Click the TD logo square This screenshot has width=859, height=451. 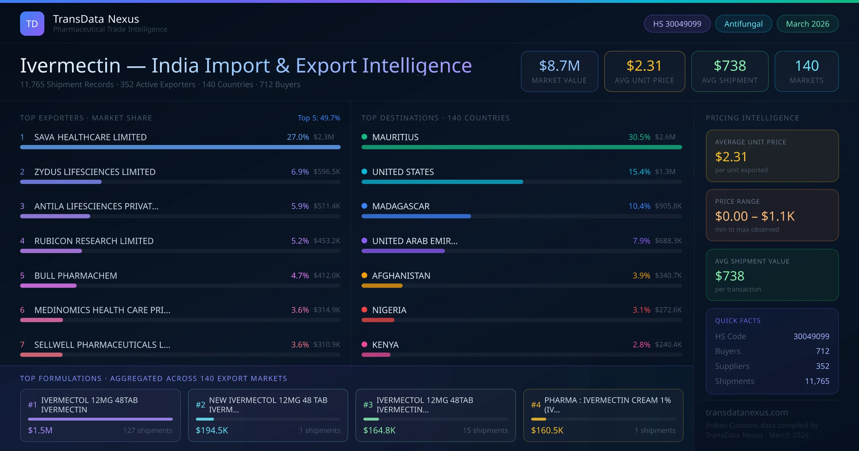pos(32,24)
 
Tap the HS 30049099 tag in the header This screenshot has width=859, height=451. pos(677,24)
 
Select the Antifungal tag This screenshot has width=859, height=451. pos(743,24)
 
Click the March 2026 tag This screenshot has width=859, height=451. pos(807,24)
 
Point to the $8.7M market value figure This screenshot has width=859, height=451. pos(559,66)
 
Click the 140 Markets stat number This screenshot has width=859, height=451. pos(807,66)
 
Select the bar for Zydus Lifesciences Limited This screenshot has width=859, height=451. pos(61,182)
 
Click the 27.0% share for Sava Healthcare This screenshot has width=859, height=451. pos(298,137)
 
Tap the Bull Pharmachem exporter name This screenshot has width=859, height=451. pos(76,276)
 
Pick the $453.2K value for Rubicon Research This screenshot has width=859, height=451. pos(327,241)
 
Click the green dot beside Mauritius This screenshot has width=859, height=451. pos(364,137)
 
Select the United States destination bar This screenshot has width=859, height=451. pos(442,182)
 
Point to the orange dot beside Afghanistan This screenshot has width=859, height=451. pos(364,275)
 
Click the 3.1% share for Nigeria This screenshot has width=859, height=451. pos(641,310)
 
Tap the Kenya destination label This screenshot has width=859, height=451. pos(385,345)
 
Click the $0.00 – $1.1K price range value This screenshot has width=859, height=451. pos(754,216)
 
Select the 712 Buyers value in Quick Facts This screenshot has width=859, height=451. pos(822,351)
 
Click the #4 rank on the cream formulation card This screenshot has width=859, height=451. pos(535,405)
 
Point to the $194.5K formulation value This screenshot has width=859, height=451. pos(212,430)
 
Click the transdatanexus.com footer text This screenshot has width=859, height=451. pos(747,412)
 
